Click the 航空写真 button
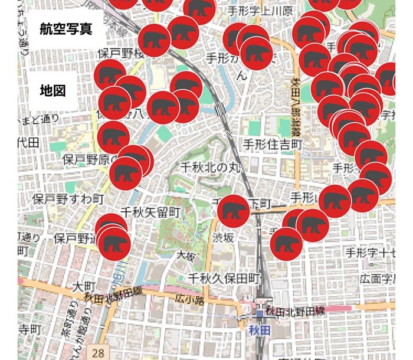click(x=66, y=29)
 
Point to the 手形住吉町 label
click(x=273, y=144)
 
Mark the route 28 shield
click(x=98, y=352)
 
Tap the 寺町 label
click(x=28, y=329)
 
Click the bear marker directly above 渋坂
click(x=234, y=211)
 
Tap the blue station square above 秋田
click(x=259, y=315)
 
